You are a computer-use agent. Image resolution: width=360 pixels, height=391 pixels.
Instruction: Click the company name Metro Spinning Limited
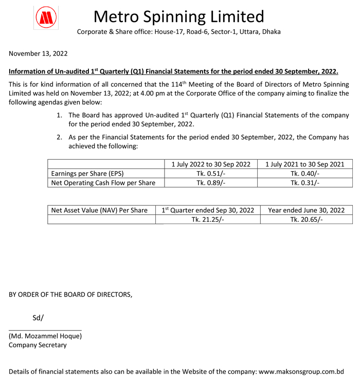click(x=178, y=16)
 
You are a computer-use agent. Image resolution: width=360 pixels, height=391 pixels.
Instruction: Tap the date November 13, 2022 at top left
click(x=38, y=53)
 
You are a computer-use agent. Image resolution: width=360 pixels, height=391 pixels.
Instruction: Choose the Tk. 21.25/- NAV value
click(x=208, y=219)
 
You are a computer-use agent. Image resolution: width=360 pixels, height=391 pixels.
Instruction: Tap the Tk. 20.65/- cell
click(x=306, y=219)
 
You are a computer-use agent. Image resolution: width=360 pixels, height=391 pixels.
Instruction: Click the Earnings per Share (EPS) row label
click(x=87, y=173)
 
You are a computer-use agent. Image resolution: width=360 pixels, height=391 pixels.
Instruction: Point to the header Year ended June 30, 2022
click(x=306, y=210)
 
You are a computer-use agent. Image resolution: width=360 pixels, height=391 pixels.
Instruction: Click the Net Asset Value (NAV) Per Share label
click(x=99, y=210)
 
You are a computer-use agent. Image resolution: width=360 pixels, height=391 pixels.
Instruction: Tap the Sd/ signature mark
click(x=38, y=318)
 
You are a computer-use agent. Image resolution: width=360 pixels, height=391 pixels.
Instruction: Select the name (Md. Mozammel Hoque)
click(x=45, y=336)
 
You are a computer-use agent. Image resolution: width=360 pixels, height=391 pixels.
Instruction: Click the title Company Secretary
click(x=38, y=345)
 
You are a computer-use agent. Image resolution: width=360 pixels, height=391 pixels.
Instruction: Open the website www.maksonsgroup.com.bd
click(x=301, y=371)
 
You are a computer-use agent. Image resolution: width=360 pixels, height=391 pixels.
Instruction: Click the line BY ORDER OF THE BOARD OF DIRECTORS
click(x=70, y=295)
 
